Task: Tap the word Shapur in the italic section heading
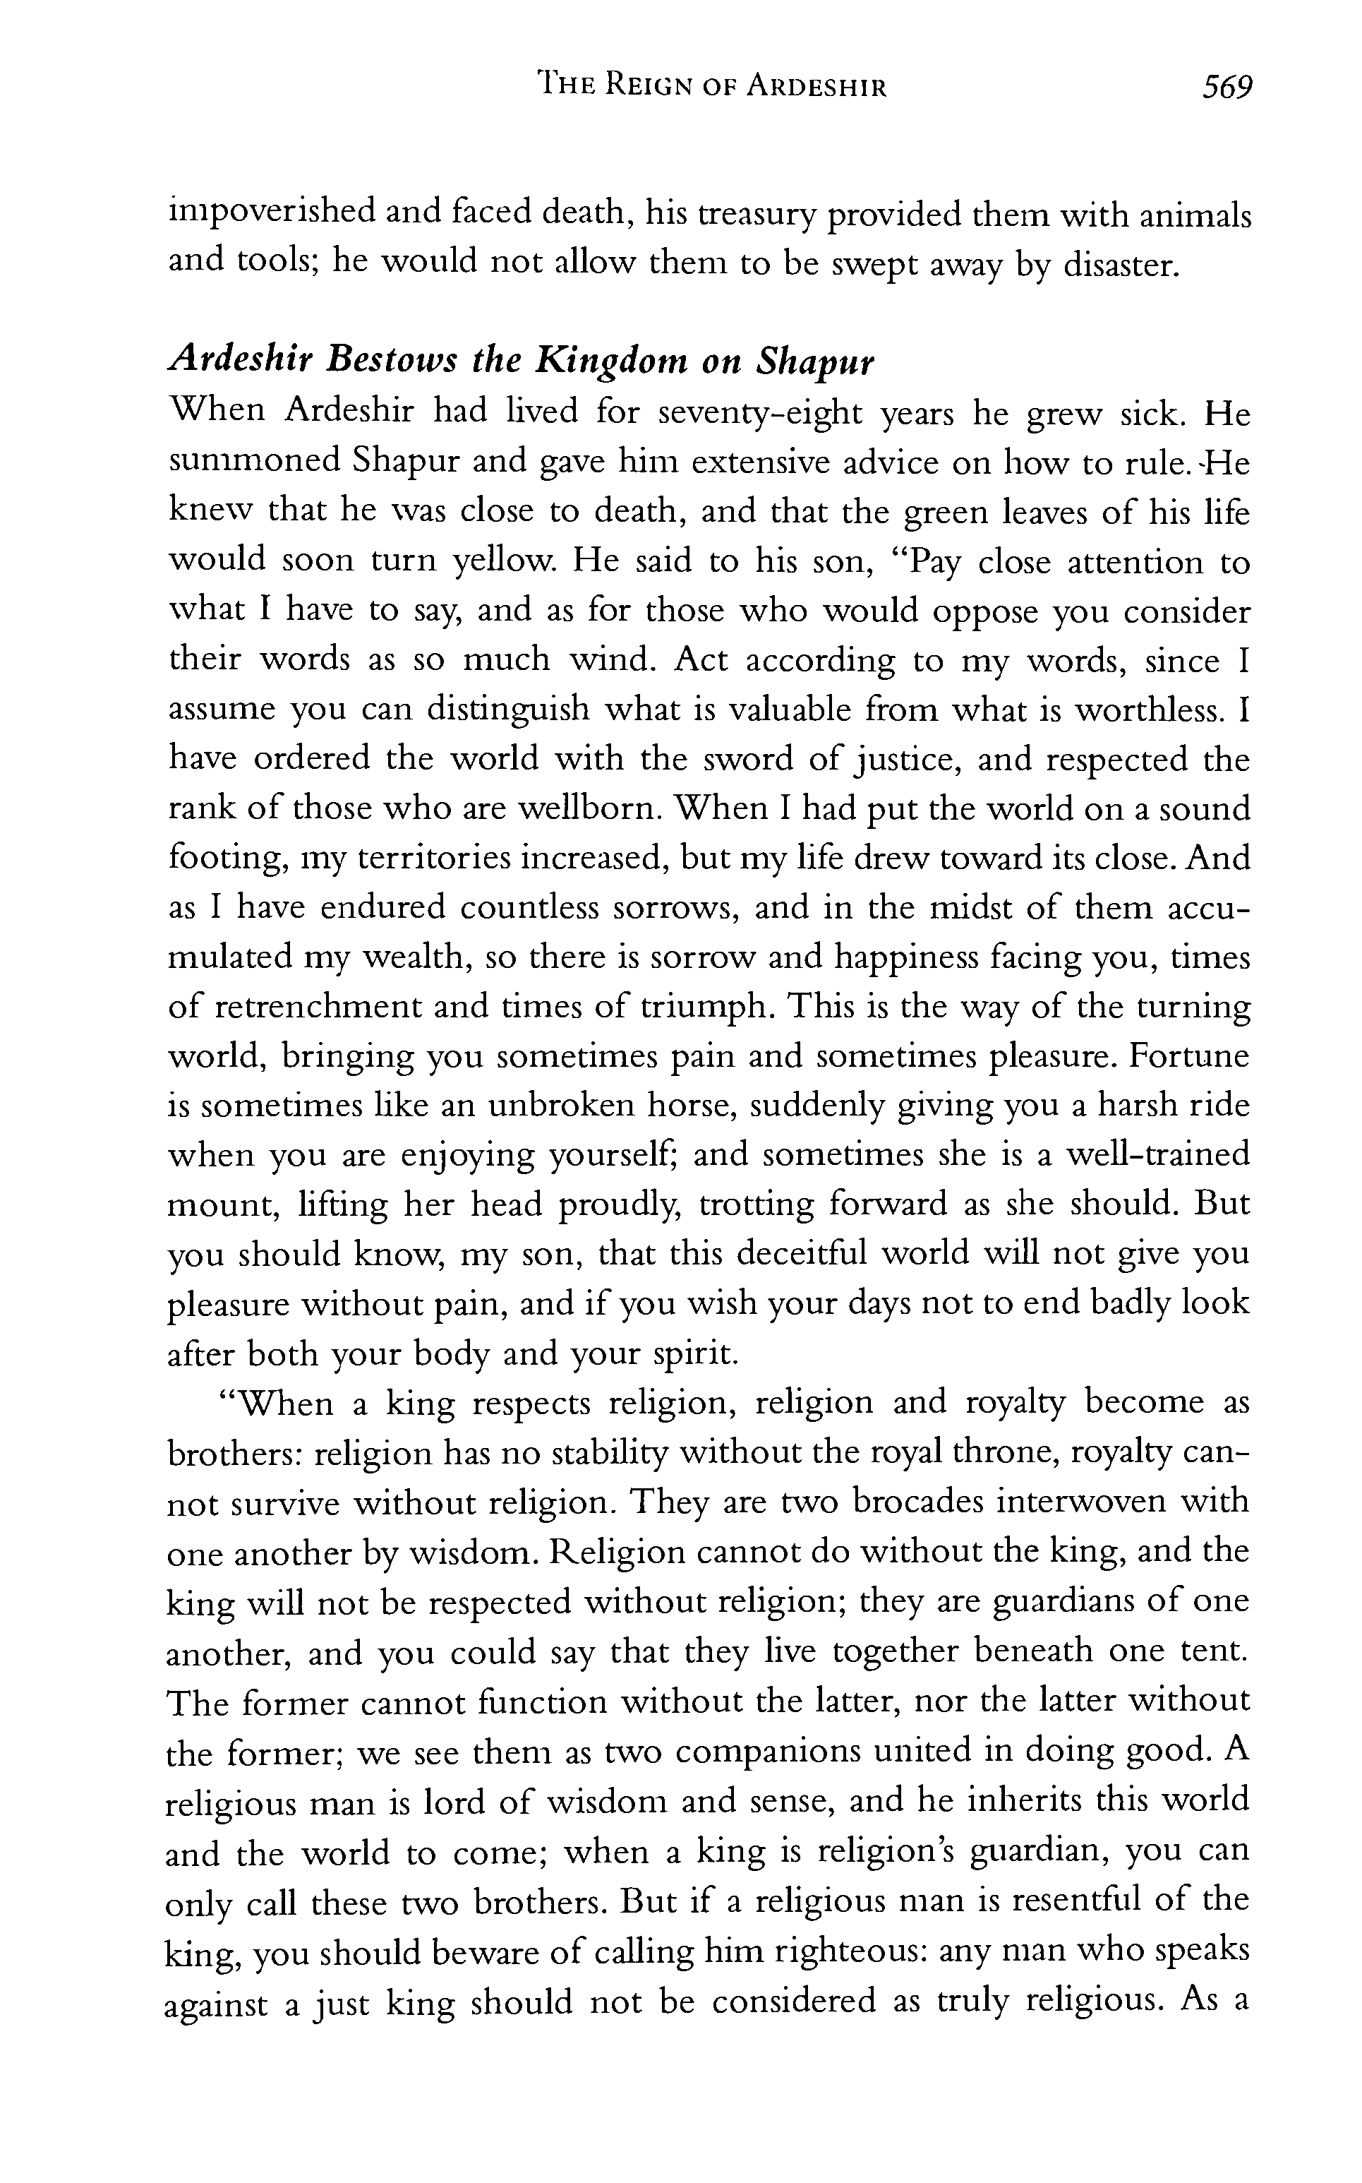[x=815, y=362]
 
